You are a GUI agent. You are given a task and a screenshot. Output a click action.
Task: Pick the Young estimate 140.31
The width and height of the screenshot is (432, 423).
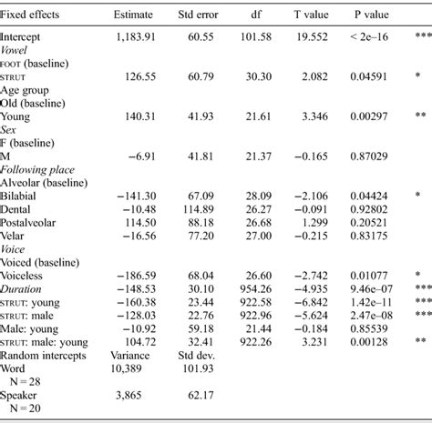[x=135, y=119]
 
